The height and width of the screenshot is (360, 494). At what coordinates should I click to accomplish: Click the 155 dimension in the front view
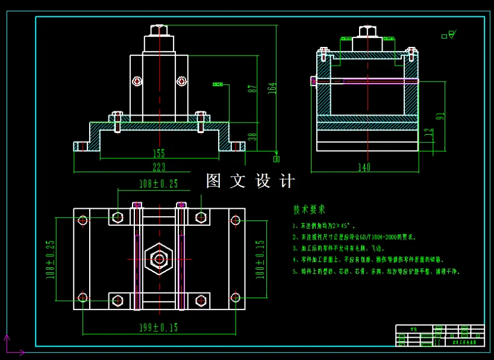coord(158,154)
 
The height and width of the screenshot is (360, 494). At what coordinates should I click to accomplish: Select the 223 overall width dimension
coord(158,167)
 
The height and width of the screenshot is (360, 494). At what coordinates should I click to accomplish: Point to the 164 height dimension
coord(272,87)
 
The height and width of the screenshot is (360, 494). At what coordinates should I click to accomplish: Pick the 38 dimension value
coord(252,137)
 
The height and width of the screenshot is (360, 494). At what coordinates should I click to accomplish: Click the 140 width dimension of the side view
coord(364,167)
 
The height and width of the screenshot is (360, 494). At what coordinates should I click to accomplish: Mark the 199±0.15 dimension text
coord(158,327)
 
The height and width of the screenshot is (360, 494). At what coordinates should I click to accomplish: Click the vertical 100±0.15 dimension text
coord(260,259)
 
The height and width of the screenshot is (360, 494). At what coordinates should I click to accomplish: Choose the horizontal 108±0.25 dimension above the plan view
coord(158,183)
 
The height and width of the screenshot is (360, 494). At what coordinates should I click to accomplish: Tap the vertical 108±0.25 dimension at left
coord(51,259)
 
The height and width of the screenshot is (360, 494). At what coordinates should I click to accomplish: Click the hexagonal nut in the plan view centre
coord(159,259)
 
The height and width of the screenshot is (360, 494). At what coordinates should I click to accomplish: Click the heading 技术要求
coord(309,209)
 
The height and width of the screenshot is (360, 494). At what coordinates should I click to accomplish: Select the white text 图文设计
coord(251,181)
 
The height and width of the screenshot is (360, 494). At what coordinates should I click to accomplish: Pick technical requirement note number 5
coord(376,272)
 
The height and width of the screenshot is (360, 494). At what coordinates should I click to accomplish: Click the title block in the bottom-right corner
coord(440,335)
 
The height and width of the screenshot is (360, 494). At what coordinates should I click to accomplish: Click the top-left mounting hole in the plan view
coord(83,220)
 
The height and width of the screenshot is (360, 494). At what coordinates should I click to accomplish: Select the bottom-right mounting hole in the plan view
coord(236,297)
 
